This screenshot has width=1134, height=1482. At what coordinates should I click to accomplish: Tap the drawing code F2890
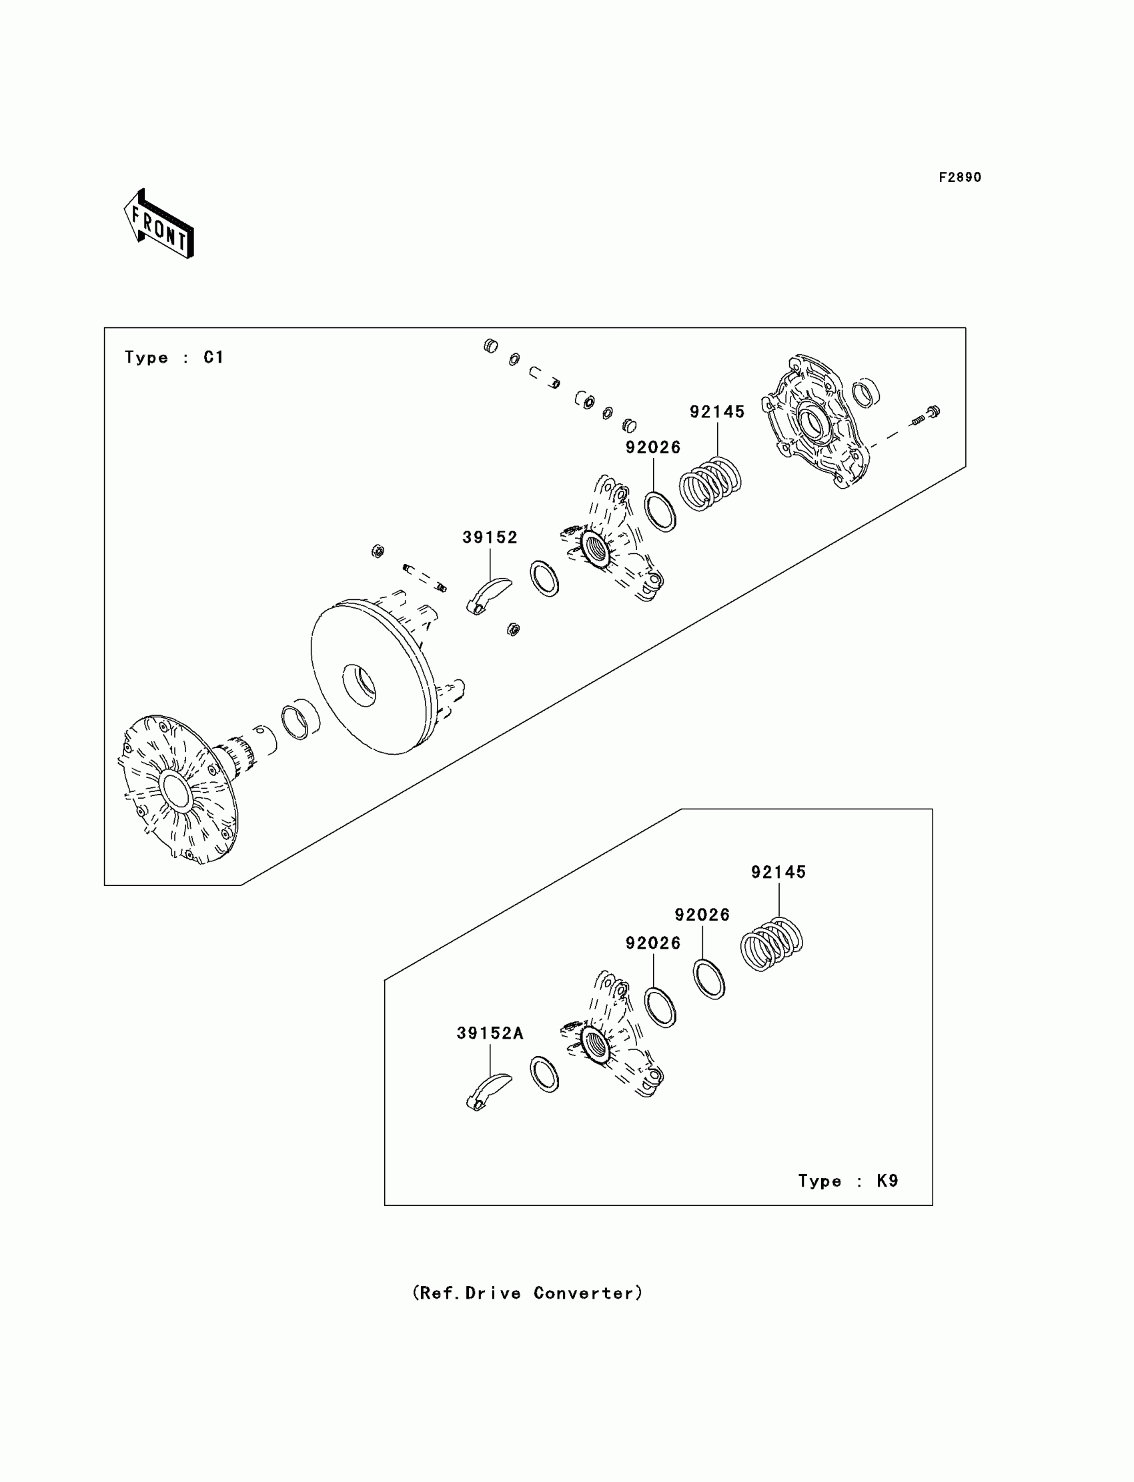tap(960, 177)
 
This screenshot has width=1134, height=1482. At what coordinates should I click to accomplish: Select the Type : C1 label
tap(174, 357)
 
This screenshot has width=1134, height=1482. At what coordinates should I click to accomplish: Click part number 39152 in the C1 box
tap(490, 537)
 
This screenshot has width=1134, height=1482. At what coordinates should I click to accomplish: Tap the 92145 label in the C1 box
tap(717, 411)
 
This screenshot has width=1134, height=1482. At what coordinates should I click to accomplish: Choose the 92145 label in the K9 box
tap(778, 872)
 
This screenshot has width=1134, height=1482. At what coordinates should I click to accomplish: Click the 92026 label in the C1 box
tap(653, 447)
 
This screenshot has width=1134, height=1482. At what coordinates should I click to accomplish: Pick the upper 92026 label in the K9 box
tap(702, 915)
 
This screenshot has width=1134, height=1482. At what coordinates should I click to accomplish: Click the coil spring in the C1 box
tap(710, 483)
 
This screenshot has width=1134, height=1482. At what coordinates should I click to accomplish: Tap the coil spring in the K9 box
tap(772, 945)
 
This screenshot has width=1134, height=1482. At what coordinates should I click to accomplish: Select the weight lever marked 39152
tap(489, 595)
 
